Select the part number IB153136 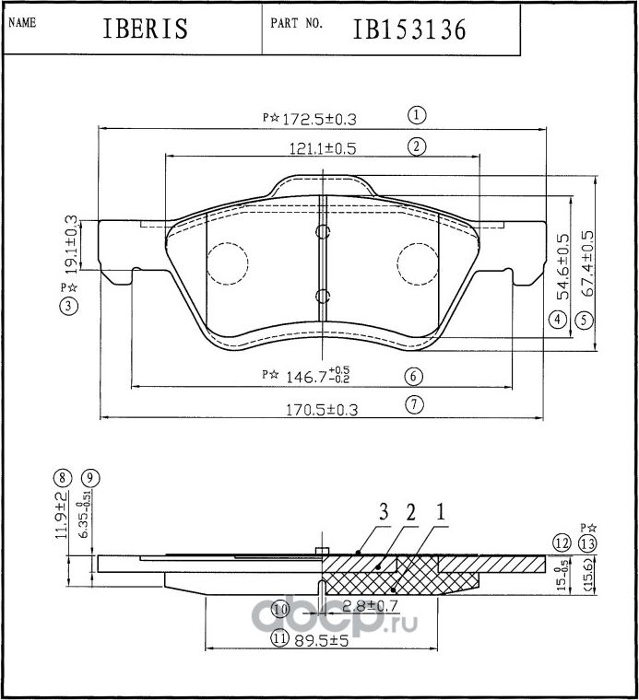408,29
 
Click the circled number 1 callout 417,115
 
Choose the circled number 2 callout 417,146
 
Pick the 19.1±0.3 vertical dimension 71,245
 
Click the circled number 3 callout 69,308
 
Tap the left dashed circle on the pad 227,263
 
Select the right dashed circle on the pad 419,263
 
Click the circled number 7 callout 414,403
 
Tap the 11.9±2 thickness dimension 61,515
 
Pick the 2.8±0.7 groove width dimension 370,607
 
